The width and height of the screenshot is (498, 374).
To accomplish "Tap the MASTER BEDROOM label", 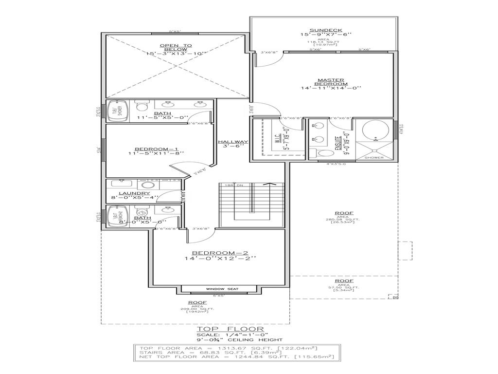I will pos(331,82).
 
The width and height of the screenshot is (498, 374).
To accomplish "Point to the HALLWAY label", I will pos(233,142).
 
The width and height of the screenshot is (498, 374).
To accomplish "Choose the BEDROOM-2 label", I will pos(220,253).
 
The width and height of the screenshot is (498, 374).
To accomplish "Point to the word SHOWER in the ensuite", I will pos(374,158).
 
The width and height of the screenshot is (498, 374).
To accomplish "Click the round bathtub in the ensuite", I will pos(375,130).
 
